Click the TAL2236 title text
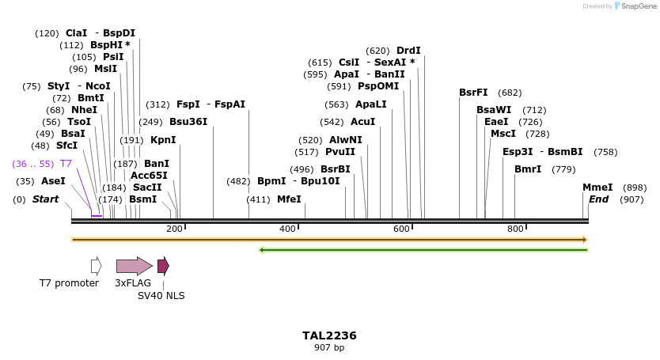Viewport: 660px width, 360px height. pos(329,335)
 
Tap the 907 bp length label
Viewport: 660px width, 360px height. pos(329,347)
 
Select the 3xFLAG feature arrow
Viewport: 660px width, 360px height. pos(134,266)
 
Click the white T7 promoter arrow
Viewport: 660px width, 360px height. pos(96,266)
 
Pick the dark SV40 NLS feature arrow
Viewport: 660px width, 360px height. pos(163,266)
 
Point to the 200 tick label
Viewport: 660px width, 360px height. pos(174,229)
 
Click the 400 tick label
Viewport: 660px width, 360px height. pos(287,229)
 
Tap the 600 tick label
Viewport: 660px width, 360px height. pos(401,229)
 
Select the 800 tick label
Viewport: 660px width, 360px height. pos(515,229)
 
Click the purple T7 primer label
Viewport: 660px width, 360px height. pos(66,163)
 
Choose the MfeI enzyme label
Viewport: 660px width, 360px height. pos(289,199)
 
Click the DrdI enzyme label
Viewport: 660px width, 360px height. pos(408,51)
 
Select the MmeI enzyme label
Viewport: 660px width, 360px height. pos(597,188)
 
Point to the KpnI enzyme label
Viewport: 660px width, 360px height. pos(163,140)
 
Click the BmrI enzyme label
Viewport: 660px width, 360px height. pos(528,169)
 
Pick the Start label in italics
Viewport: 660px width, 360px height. pos(45,199)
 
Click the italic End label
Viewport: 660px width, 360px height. pos(598,199)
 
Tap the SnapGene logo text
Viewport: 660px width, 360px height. pos(641,6)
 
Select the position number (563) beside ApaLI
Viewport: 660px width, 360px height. pos(336,104)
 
